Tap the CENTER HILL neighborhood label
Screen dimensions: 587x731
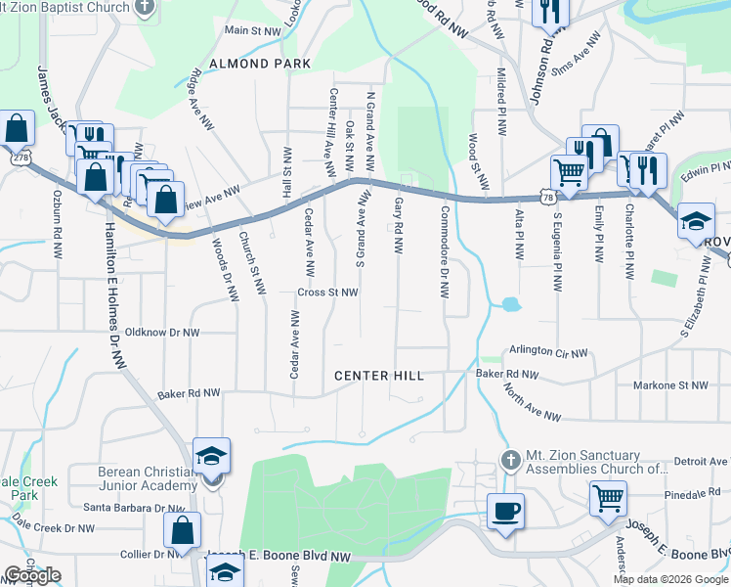tap(379, 376)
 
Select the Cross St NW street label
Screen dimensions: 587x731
tap(328, 293)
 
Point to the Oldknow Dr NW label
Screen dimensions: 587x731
tap(156, 333)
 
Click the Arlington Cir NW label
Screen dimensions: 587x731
tap(549, 352)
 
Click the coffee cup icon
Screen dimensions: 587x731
tap(505, 511)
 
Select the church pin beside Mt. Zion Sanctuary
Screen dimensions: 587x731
tap(508, 459)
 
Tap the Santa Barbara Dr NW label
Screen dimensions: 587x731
tap(134, 508)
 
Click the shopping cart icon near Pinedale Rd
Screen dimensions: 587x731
tap(608, 499)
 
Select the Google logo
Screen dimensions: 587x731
tap(32, 575)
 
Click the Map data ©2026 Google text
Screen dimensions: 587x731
tap(670, 579)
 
